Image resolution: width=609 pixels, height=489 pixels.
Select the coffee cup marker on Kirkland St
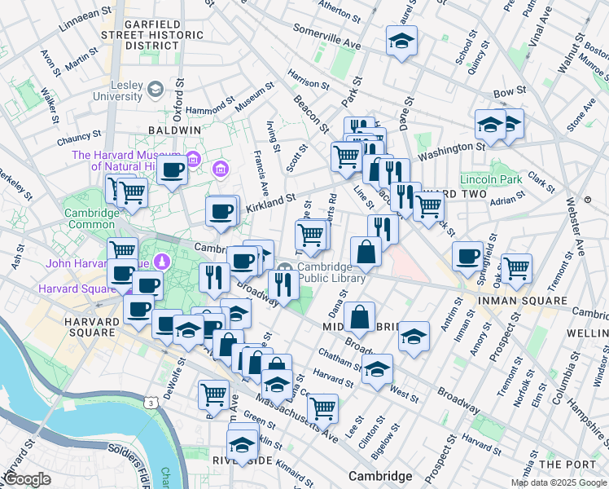point(221,212)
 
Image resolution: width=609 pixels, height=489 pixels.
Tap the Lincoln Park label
point(490,178)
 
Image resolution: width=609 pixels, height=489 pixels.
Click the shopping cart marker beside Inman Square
point(516,267)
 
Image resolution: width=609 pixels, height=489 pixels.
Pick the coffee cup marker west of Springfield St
point(467,256)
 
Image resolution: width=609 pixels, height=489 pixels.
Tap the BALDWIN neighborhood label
point(174,130)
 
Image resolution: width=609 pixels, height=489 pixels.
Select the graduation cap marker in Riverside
point(242,445)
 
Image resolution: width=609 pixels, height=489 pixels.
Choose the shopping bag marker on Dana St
point(359,317)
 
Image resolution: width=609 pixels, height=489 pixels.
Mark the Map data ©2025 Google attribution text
point(558,482)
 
